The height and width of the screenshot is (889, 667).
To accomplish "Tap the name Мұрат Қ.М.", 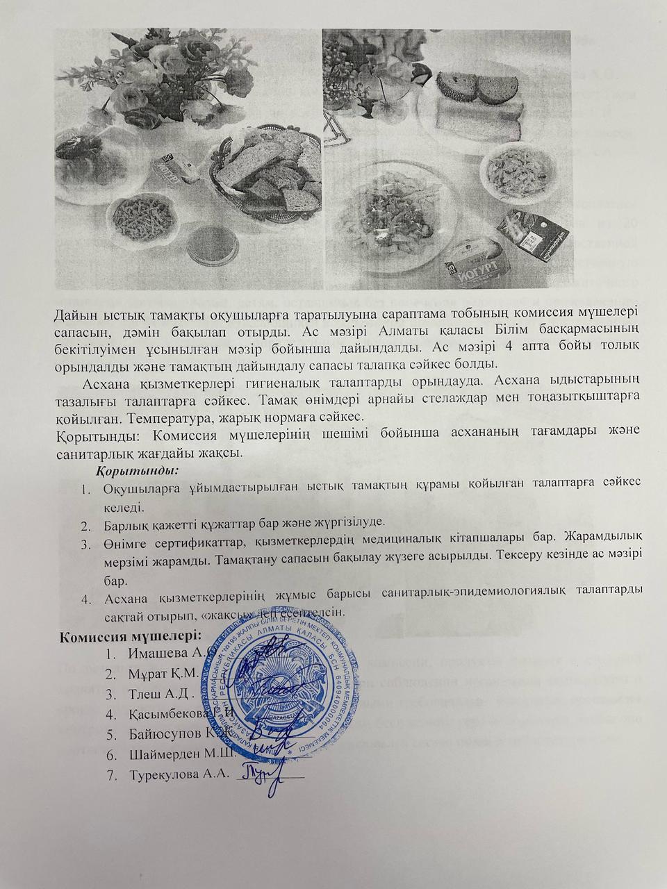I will click(x=163, y=673).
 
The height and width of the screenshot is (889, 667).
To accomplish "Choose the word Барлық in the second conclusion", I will click(x=124, y=523).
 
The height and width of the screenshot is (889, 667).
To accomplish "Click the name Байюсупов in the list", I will click(x=163, y=734).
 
